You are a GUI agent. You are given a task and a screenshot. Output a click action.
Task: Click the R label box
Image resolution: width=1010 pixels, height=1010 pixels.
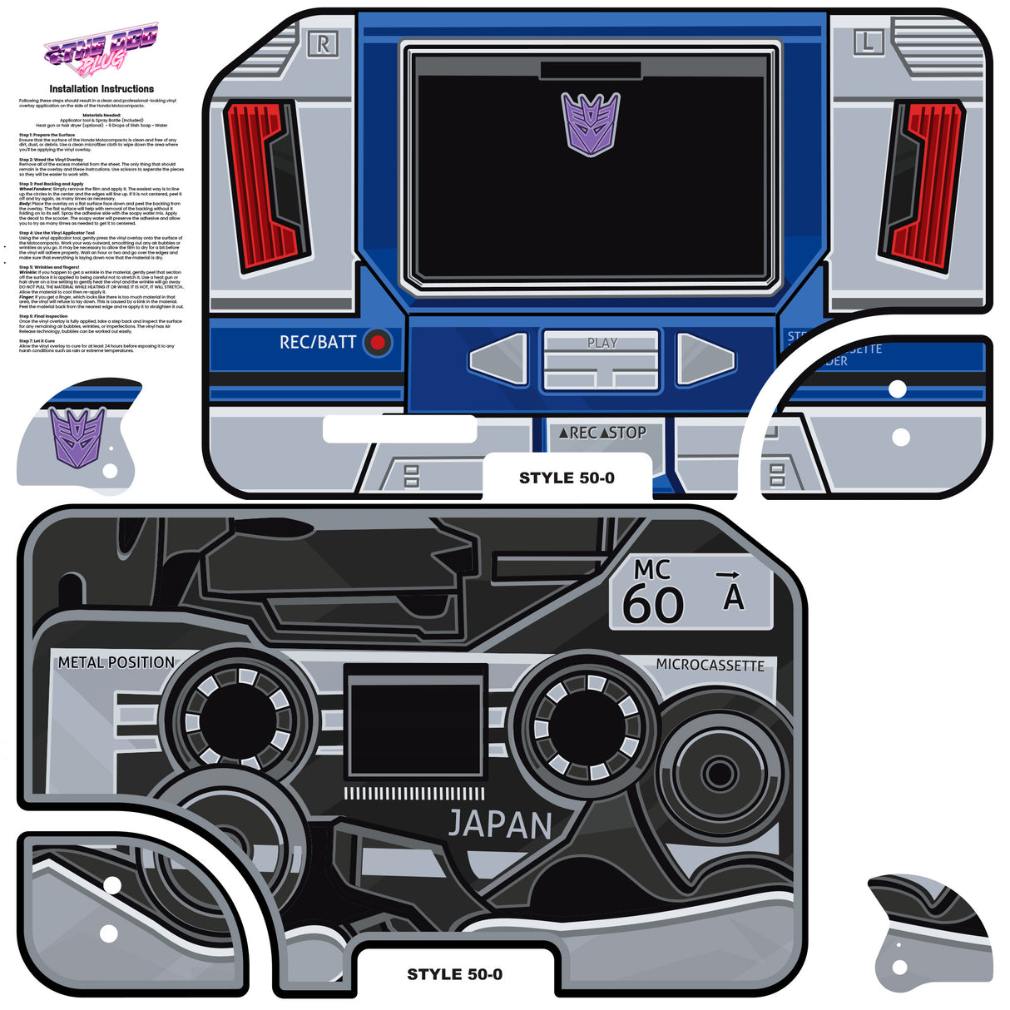tap(323, 44)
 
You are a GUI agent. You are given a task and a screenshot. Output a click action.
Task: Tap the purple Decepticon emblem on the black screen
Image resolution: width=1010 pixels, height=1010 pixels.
tap(591, 123)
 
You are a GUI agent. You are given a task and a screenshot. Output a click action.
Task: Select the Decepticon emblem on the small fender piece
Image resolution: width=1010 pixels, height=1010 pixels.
tap(77, 435)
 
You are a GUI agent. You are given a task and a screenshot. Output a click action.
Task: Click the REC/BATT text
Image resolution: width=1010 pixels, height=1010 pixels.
tap(318, 342)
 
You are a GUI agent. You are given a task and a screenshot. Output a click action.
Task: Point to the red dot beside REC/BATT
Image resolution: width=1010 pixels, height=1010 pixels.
tap(379, 342)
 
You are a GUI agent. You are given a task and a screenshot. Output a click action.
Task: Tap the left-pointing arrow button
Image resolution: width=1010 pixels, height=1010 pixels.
tap(498, 359)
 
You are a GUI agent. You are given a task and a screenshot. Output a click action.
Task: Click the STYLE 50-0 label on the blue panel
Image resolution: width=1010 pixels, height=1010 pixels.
tap(567, 478)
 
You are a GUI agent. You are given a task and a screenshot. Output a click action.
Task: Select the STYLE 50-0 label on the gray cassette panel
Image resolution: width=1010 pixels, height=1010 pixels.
tap(454, 974)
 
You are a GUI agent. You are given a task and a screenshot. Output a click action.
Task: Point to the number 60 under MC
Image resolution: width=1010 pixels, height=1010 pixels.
tap(653, 604)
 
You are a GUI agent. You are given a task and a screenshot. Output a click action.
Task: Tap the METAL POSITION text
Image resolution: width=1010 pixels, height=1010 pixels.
tap(116, 663)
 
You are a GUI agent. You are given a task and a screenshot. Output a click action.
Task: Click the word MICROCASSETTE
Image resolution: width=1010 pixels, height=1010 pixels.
tap(710, 666)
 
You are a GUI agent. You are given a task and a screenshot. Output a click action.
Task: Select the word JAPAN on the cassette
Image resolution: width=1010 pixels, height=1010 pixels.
tap(500, 824)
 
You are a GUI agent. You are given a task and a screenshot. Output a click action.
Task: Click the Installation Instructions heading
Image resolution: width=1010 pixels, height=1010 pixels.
tap(101, 89)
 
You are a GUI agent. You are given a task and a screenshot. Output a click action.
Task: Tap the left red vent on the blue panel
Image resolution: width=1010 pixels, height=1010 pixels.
tap(265, 186)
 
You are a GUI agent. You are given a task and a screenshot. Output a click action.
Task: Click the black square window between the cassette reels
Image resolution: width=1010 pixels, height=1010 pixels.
tap(415, 721)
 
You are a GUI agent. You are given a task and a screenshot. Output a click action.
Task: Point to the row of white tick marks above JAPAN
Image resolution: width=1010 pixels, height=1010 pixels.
tap(414, 794)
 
